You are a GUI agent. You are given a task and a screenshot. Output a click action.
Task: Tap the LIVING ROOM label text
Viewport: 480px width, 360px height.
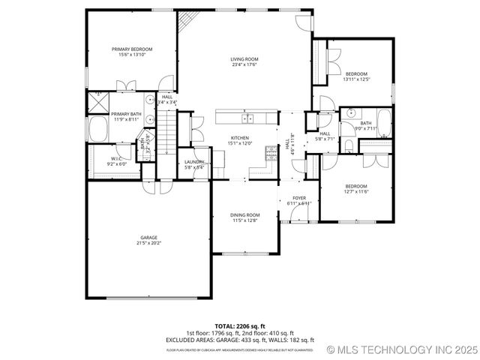click(244, 59)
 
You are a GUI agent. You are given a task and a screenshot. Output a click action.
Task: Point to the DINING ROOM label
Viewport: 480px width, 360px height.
click(245, 215)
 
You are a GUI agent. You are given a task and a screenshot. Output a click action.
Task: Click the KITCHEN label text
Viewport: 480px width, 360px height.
click(240, 138)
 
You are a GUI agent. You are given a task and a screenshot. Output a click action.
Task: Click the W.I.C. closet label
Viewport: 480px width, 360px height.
click(116, 158)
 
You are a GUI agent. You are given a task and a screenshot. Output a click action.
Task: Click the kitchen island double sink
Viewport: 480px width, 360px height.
click(247, 118)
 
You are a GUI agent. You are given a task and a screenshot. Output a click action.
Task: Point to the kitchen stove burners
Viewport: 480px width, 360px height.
click(270, 152)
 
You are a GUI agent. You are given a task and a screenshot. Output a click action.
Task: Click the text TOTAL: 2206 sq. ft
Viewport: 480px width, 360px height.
click(239, 326)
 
